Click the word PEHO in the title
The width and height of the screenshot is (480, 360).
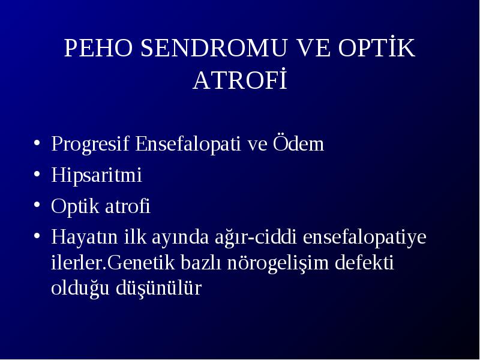click(x=98, y=48)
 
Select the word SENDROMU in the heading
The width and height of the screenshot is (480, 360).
click(x=214, y=48)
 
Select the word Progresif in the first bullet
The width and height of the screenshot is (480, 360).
click(x=90, y=144)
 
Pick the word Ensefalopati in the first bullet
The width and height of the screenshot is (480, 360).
click(x=188, y=144)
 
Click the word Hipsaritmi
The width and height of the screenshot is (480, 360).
click(x=97, y=176)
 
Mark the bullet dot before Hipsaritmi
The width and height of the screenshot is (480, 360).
click(x=37, y=174)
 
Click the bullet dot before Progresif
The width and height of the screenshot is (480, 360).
click(x=37, y=143)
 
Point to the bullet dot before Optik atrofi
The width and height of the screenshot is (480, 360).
click(x=37, y=205)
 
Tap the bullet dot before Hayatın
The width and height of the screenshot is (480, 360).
click(x=37, y=236)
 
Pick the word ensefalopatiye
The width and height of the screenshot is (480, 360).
click(x=365, y=238)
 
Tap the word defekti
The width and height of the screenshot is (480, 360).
click(x=364, y=262)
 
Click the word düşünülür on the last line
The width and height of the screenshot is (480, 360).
click(x=158, y=288)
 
